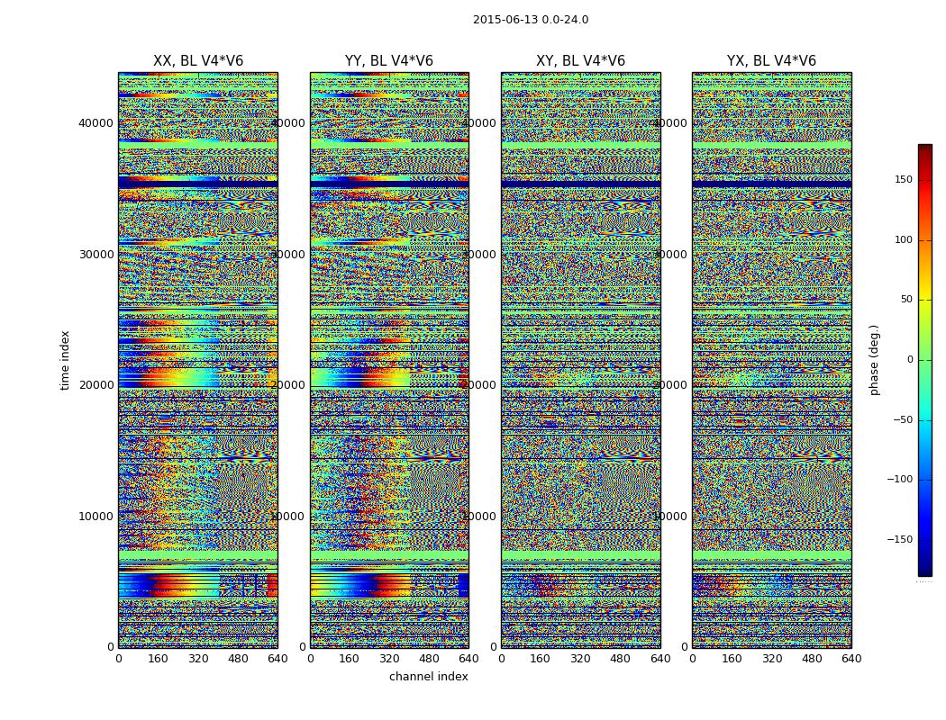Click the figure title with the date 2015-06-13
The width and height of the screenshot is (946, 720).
pyautogui.click(x=531, y=20)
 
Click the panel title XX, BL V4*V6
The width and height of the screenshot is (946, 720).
pyautogui.click(x=198, y=61)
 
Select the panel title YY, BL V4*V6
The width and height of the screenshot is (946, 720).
pyautogui.click(x=389, y=61)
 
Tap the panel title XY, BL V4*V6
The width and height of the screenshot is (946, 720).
pyautogui.click(x=580, y=61)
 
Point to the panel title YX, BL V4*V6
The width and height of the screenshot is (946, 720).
pyautogui.click(x=771, y=61)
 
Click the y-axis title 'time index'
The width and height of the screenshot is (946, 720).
pyautogui.click(x=65, y=360)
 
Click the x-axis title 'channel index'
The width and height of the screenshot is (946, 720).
pyautogui.click(x=429, y=677)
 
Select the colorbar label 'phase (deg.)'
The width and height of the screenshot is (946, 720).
pyautogui.click(x=874, y=360)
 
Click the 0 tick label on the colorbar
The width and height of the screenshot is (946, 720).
pyautogui.click(x=910, y=360)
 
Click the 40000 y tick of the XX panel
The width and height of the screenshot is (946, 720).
pyautogui.click(x=96, y=123)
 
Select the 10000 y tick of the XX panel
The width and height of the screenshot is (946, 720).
pyautogui.click(x=96, y=517)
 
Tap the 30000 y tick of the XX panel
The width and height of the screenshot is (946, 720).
pyautogui.click(x=96, y=255)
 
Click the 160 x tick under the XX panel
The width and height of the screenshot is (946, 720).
pyautogui.click(x=158, y=659)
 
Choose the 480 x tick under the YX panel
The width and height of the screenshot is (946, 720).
pyautogui.click(x=812, y=659)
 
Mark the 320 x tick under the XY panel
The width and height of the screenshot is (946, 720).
pyautogui.click(x=580, y=659)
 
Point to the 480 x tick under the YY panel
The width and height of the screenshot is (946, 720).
pyautogui.click(x=429, y=659)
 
